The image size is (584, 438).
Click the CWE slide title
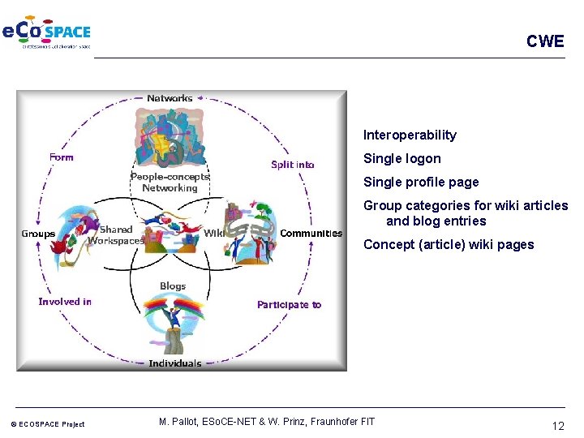coord(544,41)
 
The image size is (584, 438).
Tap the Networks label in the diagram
coord(170,98)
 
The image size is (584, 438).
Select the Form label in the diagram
coord(61,157)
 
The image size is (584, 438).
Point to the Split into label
coord(293,165)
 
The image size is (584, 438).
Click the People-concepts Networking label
coord(170,182)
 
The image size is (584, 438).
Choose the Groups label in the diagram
coord(38,234)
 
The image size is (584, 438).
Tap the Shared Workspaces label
coord(115,235)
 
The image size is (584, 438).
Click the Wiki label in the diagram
coord(213,233)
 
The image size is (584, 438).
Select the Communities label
coord(311,234)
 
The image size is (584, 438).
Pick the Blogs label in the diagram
coord(173,286)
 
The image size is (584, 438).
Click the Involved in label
coord(65,302)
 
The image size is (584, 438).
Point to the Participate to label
coord(289,305)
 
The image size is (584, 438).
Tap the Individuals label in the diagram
coord(175,363)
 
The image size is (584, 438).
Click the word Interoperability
coord(410,135)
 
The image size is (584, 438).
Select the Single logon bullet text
coord(402,159)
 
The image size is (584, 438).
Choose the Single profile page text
coord(421,182)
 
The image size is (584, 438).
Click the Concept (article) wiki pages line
coord(449,245)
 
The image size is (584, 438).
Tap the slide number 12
coord(557,426)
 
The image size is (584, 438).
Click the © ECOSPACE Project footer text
coord(47,424)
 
